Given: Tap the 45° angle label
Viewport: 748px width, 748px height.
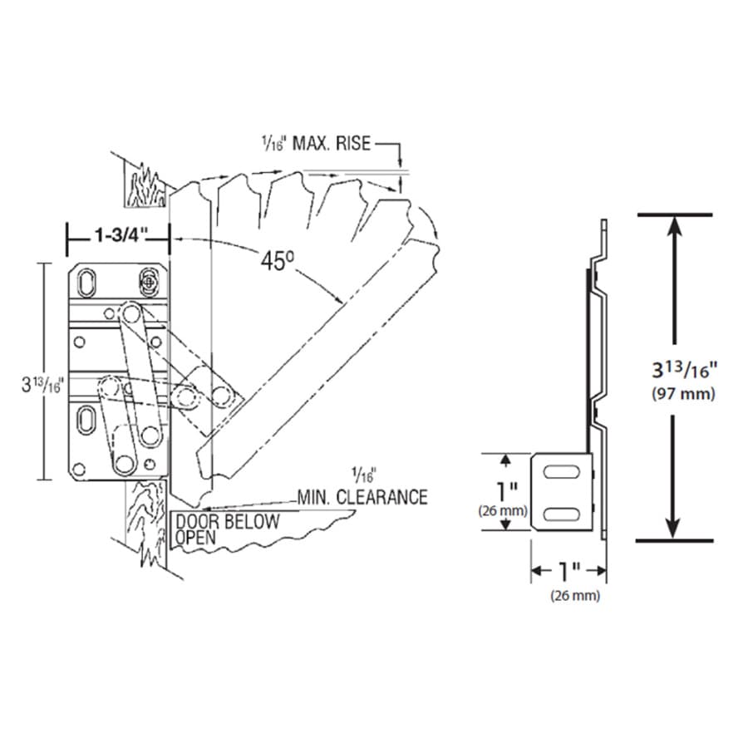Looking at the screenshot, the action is pos(278,260).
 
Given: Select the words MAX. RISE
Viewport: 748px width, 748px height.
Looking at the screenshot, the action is pos(331,143).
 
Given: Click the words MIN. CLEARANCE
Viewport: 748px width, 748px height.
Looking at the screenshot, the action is pos(362,497).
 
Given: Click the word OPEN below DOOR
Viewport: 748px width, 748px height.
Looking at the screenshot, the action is pos(195,538).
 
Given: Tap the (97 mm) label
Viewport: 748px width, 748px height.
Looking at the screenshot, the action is pos(684,394).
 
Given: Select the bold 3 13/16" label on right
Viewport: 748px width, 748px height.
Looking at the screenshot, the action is pos(685,370).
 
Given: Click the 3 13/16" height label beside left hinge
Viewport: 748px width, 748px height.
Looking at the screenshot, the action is pos(42,385).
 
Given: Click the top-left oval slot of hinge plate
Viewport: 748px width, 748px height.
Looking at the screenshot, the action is pos(86,283).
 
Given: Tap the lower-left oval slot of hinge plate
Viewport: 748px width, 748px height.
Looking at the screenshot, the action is pos(86,420).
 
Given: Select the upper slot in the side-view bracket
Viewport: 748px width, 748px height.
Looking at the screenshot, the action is pos(562,472).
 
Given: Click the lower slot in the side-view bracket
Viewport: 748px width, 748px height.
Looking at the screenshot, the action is pos(562,514).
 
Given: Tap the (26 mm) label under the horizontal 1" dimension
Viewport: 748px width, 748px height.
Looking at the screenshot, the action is pos(575,595).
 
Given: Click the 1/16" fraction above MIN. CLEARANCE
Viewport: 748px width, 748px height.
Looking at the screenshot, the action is pos(364,475).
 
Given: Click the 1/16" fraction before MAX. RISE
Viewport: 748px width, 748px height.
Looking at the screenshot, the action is pos(273,143).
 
